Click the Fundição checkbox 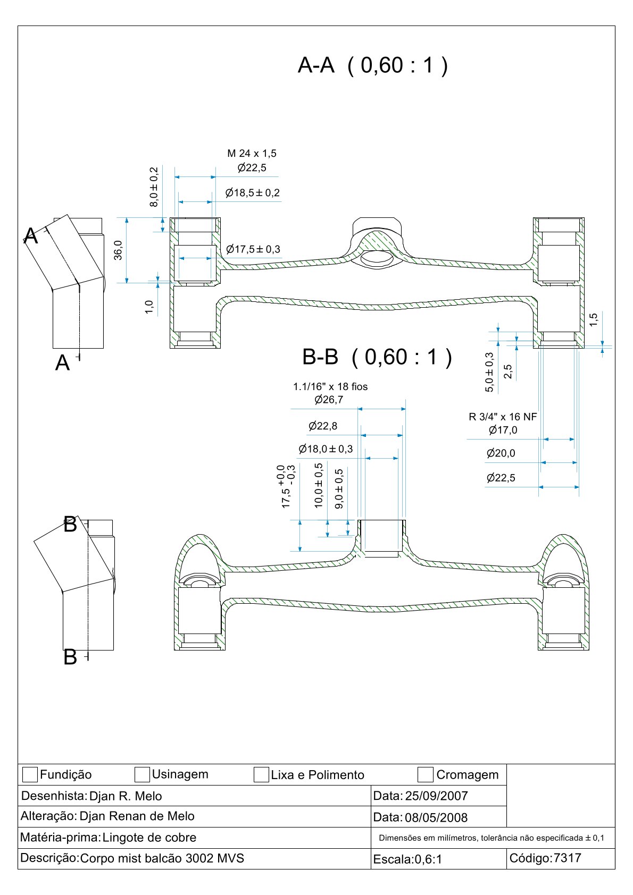point(30,774)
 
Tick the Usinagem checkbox point(142,774)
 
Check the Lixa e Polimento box point(261,774)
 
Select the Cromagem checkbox point(426,774)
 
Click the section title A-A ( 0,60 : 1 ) point(372,65)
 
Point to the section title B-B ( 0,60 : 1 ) point(377,357)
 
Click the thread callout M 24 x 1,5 point(252,154)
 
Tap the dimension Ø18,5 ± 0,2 point(253,192)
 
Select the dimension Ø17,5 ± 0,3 point(253,249)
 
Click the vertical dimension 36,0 point(118,250)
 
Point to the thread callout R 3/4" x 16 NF point(503,417)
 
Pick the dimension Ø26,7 point(329,400)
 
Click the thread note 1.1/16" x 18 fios point(330,386)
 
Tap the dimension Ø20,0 point(501,453)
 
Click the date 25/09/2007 point(436,796)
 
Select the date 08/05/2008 point(436,817)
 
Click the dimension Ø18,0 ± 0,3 point(326,449)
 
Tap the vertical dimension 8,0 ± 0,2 point(154,187)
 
